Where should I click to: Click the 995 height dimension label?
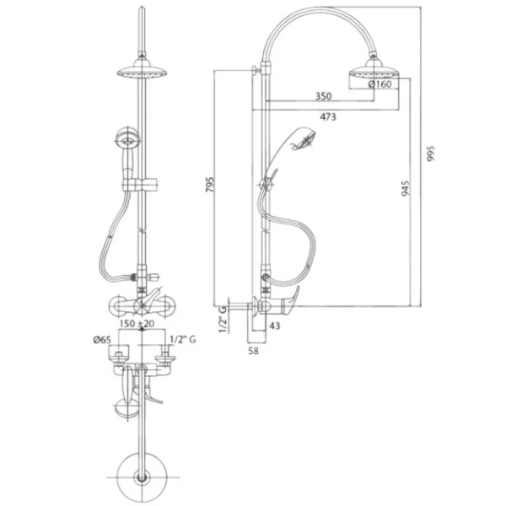pyautogui.click(x=431, y=153)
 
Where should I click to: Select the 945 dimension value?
pyautogui.click(x=406, y=188)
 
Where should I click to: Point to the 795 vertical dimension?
pyautogui.click(x=210, y=185)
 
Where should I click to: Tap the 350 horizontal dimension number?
pyautogui.click(x=323, y=96)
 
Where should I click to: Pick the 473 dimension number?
pyautogui.click(x=328, y=117)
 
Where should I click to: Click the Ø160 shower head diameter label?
pyautogui.click(x=379, y=84)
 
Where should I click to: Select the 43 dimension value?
pyautogui.click(x=275, y=326)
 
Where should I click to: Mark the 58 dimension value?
pyautogui.click(x=253, y=351)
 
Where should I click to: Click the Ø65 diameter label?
pyautogui.click(x=102, y=340)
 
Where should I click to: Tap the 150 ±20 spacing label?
pyautogui.click(x=137, y=323)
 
